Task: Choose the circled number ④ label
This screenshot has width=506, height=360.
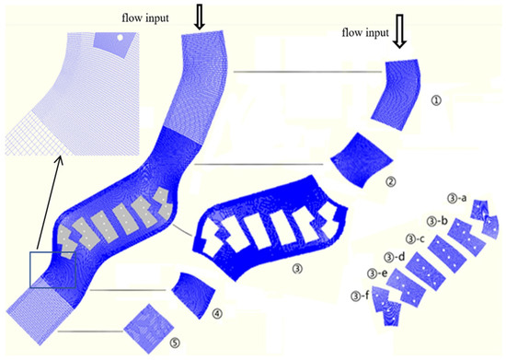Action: [x=217, y=313]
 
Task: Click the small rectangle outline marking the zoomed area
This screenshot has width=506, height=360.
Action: [x=49, y=270]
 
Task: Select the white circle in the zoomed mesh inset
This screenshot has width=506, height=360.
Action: [x=119, y=37]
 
